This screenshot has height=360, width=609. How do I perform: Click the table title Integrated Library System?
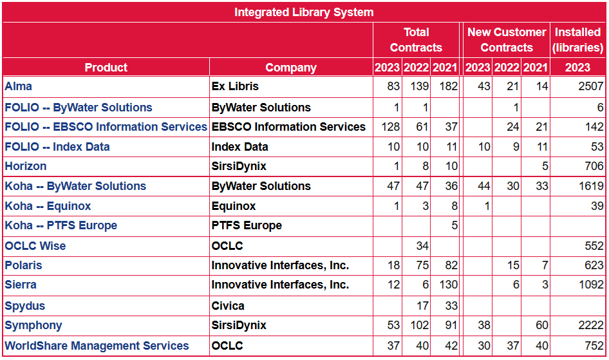[x=304, y=12]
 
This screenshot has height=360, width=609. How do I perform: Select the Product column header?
[x=106, y=68]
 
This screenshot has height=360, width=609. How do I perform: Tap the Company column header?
[x=291, y=68]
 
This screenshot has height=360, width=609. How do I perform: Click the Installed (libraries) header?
[x=577, y=40]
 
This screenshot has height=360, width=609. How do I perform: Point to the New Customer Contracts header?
[x=506, y=40]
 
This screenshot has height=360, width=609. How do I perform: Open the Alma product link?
[x=18, y=86]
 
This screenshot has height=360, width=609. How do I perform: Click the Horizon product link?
[x=26, y=166]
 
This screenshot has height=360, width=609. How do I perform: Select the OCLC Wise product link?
[x=35, y=246]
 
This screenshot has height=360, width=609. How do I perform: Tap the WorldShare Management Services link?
[x=97, y=346]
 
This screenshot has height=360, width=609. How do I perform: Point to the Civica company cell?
[x=228, y=306]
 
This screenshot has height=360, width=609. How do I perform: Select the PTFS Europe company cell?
[x=247, y=225]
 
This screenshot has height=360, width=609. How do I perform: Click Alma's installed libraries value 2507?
[x=590, y=86]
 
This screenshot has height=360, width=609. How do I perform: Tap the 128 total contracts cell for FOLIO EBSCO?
[x=391, y=127]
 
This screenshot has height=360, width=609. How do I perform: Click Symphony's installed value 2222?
[x=590, y=326]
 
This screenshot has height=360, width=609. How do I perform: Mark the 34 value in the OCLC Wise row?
[x=422, y=246]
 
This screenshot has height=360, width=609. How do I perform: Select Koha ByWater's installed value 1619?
[x=590, y=186]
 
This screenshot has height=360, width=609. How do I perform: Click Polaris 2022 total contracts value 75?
[x=422, y=265]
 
